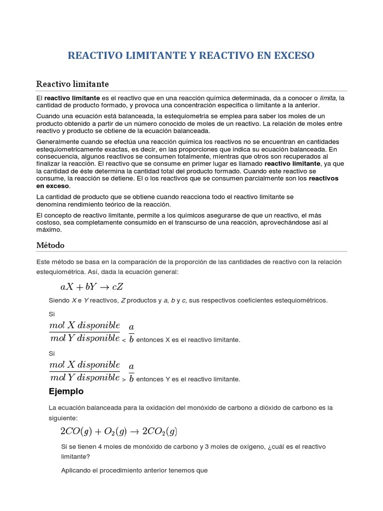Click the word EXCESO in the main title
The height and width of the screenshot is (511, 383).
[291, 55]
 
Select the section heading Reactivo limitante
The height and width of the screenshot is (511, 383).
[73, 83]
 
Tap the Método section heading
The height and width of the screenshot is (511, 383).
[50, 245]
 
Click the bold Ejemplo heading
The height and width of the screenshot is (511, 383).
[66, 391]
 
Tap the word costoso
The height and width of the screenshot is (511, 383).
[49, 223]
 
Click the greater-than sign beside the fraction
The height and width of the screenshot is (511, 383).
[124, 380]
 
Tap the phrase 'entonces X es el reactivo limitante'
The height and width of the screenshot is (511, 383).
[188, 340]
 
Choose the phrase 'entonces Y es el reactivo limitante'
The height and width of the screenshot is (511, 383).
[188, 379]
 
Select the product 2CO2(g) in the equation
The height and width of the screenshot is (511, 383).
[160, 431]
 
